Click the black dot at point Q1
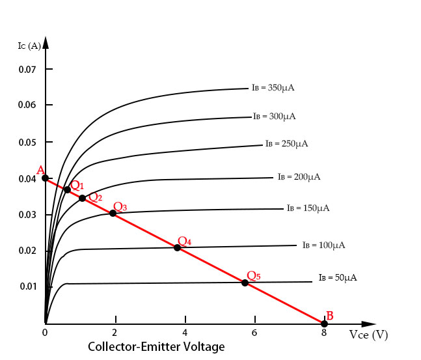[67, 189]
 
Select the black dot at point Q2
[82, 198]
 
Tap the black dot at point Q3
[113, 213]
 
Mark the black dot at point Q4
[177, 247]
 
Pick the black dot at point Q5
[245, 283]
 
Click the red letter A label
[40, 171]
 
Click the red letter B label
[330, 316]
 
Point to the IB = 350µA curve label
[273, 87]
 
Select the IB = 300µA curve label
[275, 117]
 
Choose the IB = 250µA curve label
[287, 144]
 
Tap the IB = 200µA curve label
[299, 176]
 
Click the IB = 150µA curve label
[308, 208]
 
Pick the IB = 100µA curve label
[323, 245]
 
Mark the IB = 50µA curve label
[338, 278]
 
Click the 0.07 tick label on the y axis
[27, 69]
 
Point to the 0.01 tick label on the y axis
[27, 286]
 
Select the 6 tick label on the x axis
[254, 333]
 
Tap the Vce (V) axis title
[368, 335]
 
